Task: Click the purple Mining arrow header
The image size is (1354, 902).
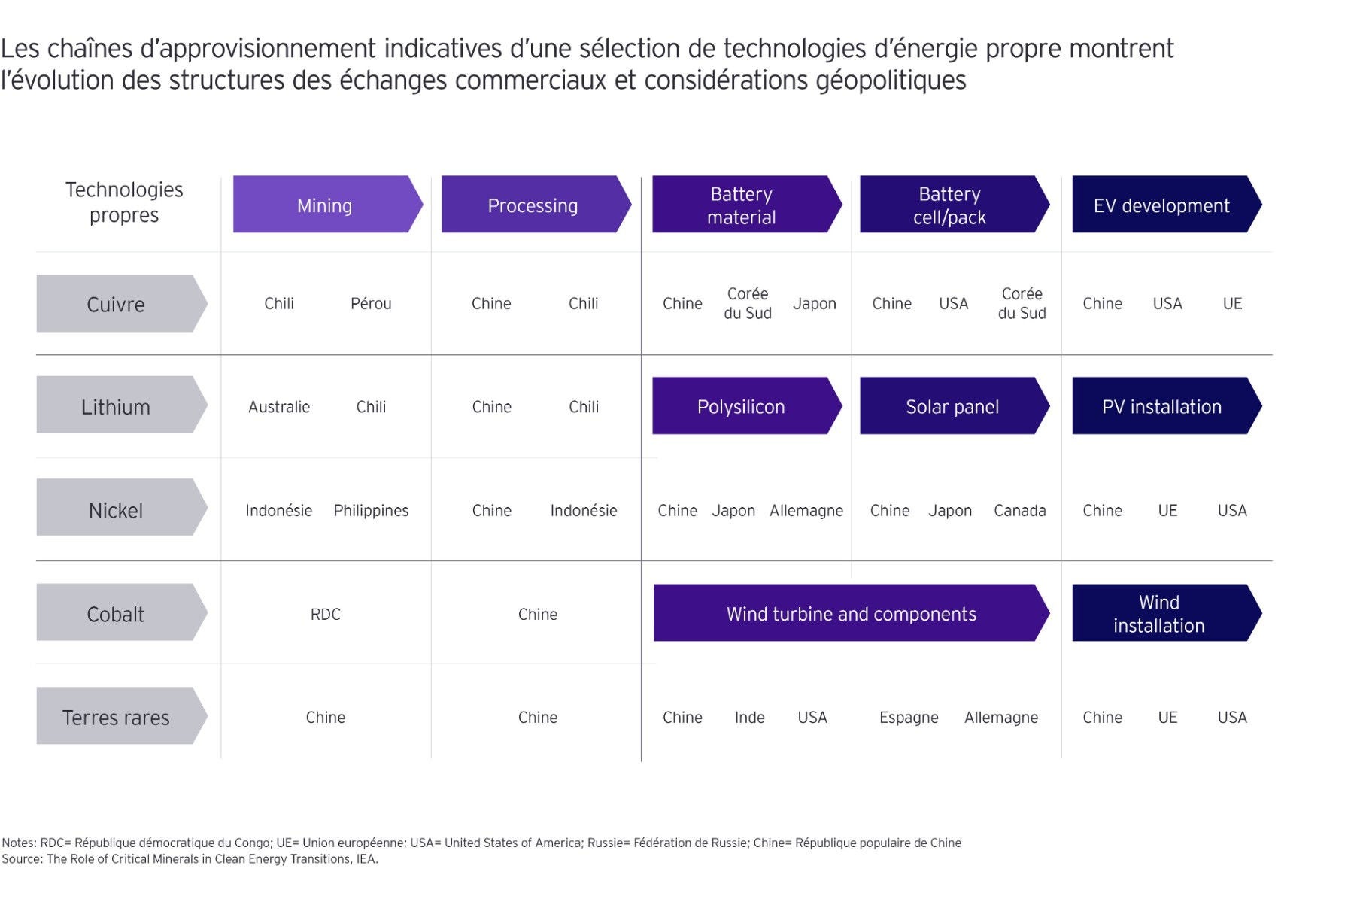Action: (x=325, y=205)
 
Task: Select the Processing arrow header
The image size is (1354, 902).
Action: (x=533, y=205)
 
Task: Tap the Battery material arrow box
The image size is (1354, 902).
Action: (x=742, y=205)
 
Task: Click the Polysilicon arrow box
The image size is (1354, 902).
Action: (x=742, y=406)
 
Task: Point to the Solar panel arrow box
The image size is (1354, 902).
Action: (x=952, y=406)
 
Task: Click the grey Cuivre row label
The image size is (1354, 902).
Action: (x=117, y=304)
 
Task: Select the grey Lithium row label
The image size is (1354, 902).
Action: (x=117, y=406)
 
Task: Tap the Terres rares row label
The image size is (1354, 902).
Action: (x=117, y=717)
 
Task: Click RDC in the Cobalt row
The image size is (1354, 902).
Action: (x=325, y=614)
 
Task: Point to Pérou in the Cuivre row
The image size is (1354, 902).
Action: (x=371, y=303)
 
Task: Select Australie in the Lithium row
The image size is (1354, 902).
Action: (x=279, y=406)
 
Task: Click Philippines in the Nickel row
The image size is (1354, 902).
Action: (x=371, y=510)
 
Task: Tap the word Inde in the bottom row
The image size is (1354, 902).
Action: (x=749, y=717)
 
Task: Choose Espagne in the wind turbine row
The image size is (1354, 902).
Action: (x=909, y=717)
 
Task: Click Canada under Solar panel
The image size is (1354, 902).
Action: (x=1019, y=510)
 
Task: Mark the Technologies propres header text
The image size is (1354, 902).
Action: (x=124, y=202)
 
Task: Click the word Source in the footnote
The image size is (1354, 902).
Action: (x=22, y=858)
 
